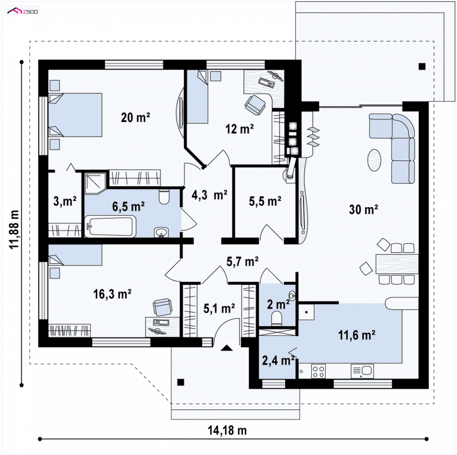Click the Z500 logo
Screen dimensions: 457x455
point(23,11)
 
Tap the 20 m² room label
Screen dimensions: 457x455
point(135,118)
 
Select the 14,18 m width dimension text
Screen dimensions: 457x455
point(227,430)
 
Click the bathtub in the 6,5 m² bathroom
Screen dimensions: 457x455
point(110,226)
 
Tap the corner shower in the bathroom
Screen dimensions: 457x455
point(95,183)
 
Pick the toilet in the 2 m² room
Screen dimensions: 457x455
point(276,319)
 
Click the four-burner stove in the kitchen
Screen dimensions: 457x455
point(318,372)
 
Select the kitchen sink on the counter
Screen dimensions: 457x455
point(362,371)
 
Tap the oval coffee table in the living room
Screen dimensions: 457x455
point(374,160)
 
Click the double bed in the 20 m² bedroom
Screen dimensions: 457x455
point(75,115)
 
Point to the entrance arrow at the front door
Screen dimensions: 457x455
point(226,348)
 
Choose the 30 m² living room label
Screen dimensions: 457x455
point(363,209)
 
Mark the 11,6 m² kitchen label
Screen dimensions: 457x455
point(356,335)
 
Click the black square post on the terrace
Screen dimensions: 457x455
point(422,66)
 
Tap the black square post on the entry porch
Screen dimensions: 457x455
point(181,382)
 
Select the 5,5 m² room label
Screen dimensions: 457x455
point(265,201)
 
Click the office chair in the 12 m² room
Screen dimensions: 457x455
point(255,104)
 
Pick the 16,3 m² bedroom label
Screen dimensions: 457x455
point(112,294)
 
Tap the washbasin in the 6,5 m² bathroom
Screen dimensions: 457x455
point(161,232)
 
